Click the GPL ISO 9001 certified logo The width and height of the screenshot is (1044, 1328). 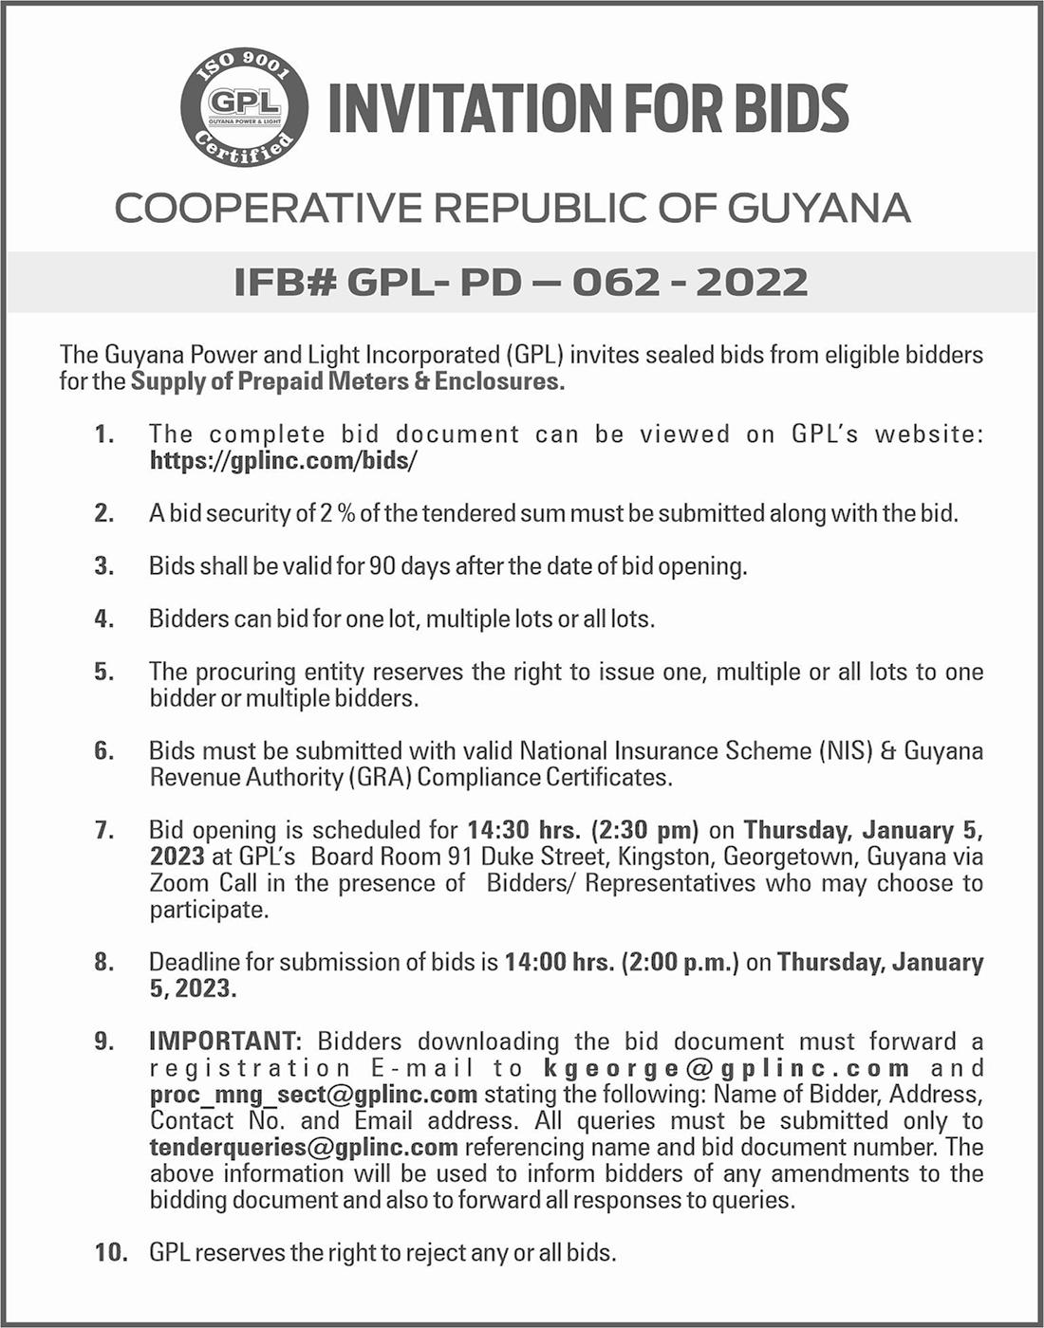coord(244,107)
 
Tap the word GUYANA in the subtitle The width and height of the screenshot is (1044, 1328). coord(819,209)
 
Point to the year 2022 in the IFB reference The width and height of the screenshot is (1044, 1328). coord(752,282)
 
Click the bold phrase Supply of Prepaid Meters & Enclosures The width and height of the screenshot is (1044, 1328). coord(347,381)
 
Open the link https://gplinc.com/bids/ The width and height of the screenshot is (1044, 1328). coord(284,461)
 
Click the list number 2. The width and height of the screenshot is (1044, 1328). coord(103,513)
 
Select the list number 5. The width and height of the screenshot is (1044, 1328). coord(103,672)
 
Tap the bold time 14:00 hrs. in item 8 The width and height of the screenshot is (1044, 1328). coord(559,962)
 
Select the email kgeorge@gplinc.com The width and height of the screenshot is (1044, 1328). coord(727,1068)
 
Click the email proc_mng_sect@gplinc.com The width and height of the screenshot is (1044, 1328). coord(313,1095)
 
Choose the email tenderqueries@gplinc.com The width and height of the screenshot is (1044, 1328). coord(304,1148)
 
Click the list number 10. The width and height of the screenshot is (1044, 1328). coord(111,1253)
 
